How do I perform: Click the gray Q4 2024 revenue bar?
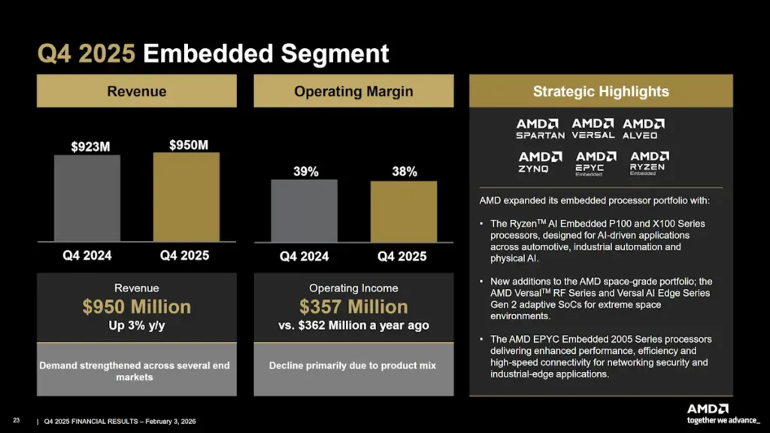87,198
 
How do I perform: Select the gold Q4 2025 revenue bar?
186,197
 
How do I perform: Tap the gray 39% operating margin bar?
304,211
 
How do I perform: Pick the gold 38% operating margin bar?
403,212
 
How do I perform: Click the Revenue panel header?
136,92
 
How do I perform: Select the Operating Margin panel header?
353,92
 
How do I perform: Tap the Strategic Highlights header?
601,92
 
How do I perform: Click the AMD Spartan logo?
540,129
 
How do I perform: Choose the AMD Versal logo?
593,129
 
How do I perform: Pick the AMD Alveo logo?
643,129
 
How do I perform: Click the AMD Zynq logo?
540,162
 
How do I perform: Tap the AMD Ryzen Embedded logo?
649,163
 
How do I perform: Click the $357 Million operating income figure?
353,307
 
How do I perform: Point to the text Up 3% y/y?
136,325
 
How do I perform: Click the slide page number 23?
16,421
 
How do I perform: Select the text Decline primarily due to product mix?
353,366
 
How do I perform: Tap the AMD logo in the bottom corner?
707,409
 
